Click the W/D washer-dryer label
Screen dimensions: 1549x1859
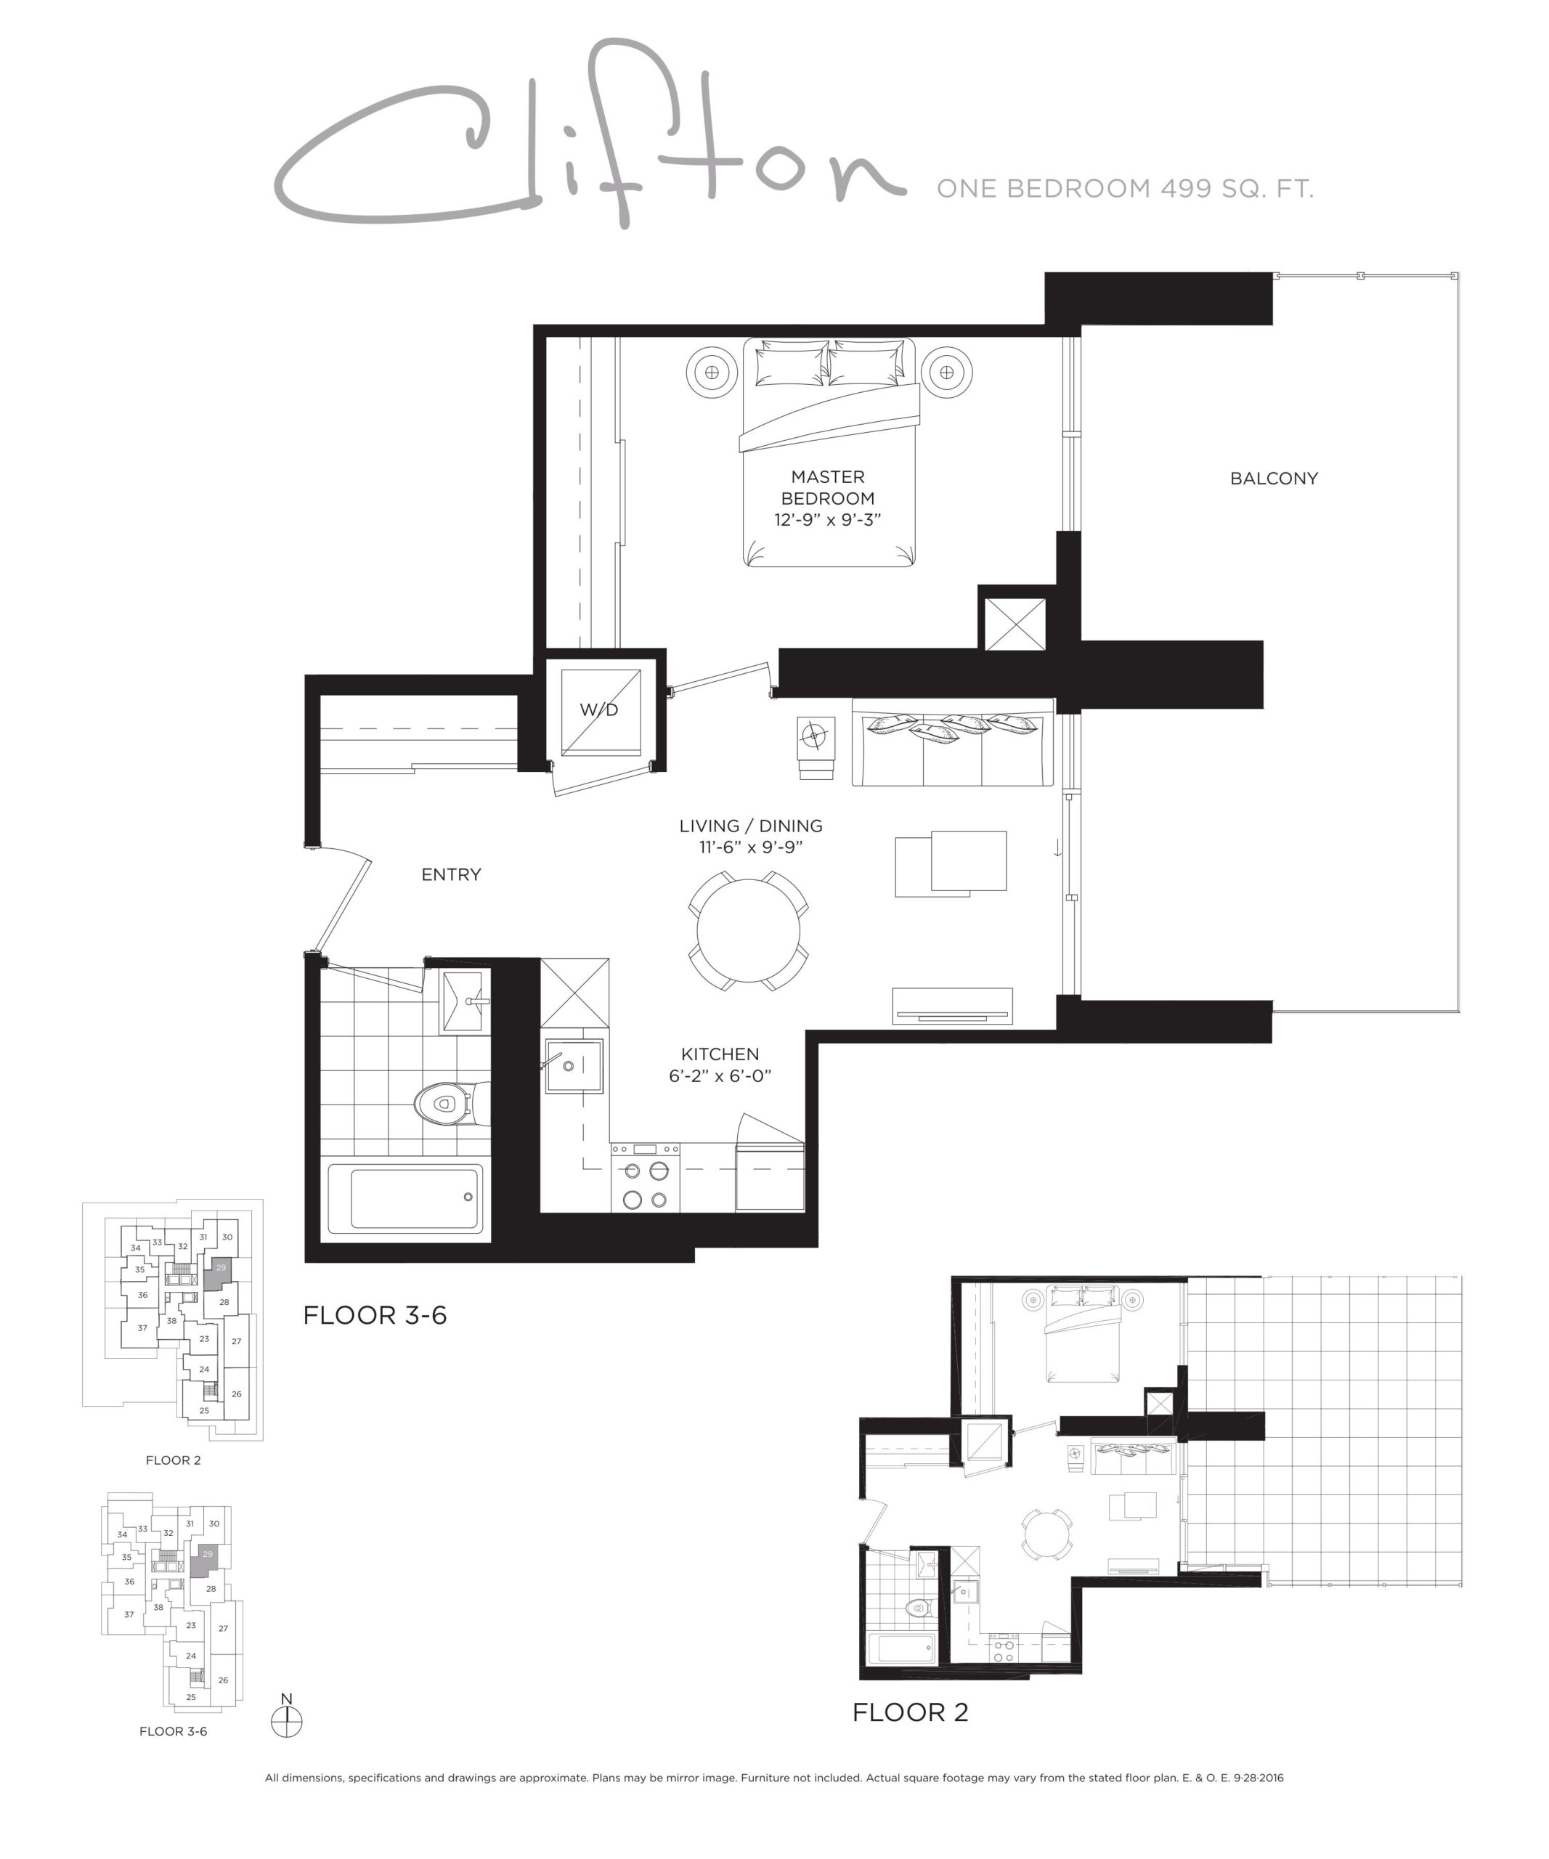[x=599, y=710]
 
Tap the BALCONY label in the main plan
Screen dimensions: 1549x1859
[x=1274, y=479]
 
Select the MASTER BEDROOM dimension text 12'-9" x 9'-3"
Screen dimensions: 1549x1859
[x=828, y=520]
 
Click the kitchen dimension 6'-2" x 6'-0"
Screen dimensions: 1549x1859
[x=720, y=1075]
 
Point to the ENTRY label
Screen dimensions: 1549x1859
[x=452, y=874]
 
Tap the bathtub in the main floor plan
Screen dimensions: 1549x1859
[x=406, y=1199]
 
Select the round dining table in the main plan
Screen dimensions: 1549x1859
[x=748, y=930]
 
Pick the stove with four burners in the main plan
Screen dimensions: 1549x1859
[x=646, y=1176]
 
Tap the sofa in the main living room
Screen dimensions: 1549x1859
[x=952, y=742]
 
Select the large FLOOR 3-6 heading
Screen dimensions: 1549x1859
[x=375, y=1316]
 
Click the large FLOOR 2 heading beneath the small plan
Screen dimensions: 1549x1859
[x=910, y=1712]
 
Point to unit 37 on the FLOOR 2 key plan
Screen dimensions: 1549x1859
[x=142, y=1328]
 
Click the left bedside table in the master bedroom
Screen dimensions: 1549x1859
[x=712, y=373]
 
